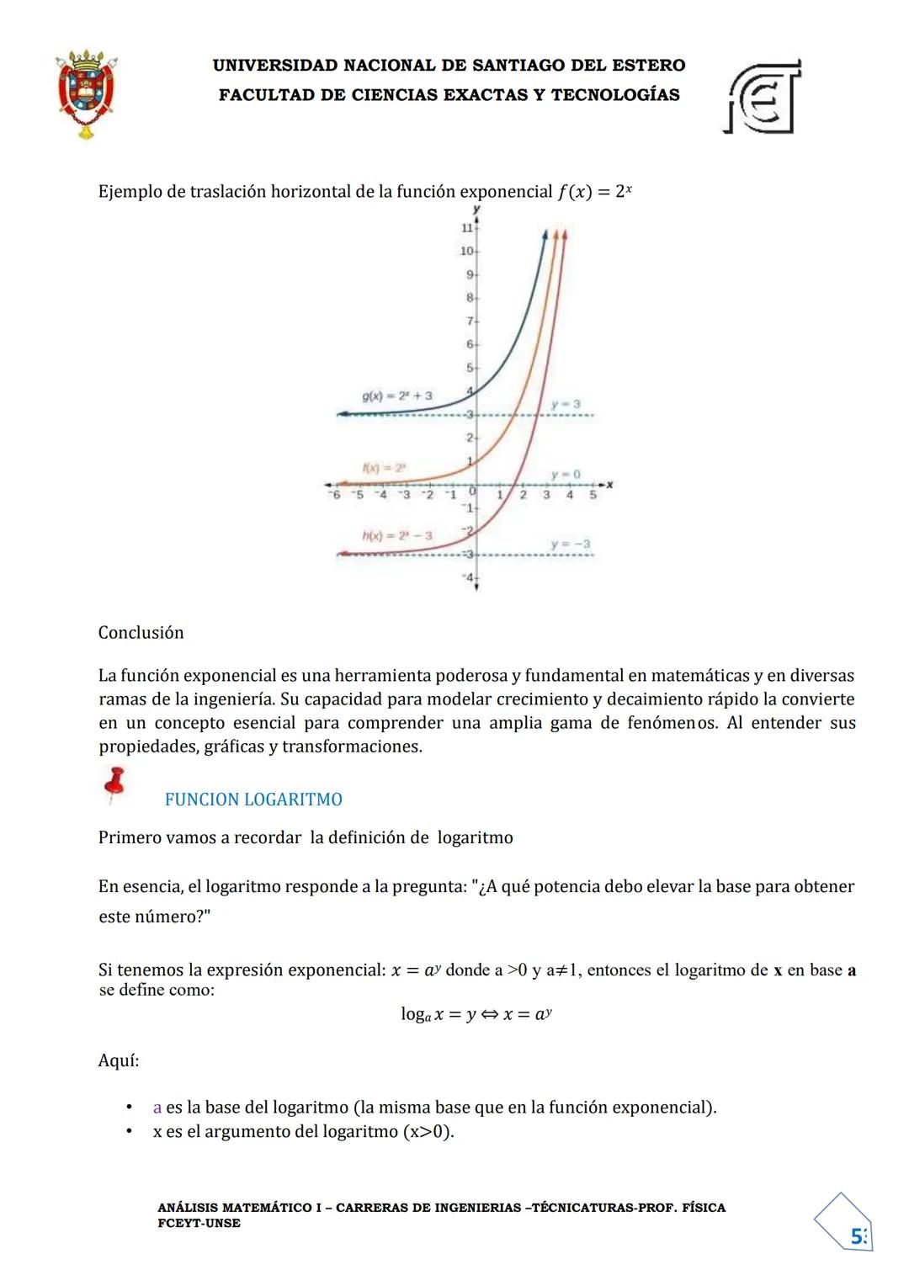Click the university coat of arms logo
click(x=86, y=93)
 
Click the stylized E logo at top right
click(x=763, y=98)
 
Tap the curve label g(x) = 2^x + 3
click(x=397, y=395)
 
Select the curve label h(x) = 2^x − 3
click(x=397, y=535)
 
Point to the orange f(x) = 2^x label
click(x=384, y=467)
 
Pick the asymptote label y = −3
click(x=570, y=544)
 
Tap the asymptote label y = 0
click(x=566, y=475)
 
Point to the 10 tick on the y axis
click(x=467, y=251)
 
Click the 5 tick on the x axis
click(x=593, y=495)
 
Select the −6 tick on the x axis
click(x=335, y=495)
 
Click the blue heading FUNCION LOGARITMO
click(x=253, y=800)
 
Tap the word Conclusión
click(x=141, y=633)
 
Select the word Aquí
click(x=119, y=1060)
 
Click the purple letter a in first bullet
click(x=157, y=1108)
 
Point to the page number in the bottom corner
click(x=858, y=1236)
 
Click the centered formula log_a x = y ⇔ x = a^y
click(x=476, y=1014)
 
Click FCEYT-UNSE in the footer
click(x=199, y=1223)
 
